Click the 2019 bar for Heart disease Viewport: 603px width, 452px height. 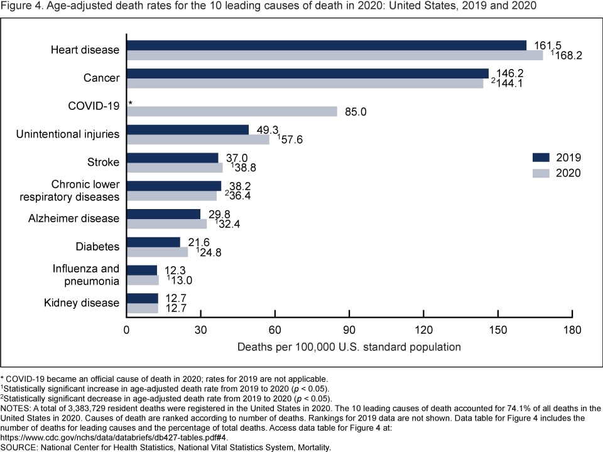coord(327,45)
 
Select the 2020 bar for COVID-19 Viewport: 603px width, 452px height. coord(232,111)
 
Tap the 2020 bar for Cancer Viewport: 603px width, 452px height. coord(305,83)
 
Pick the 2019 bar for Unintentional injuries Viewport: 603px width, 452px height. coord(188,129)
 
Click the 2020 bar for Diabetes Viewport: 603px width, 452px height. coord(157,252)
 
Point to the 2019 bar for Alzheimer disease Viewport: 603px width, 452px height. coord(163,214)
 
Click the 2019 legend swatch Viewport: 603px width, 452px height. coord(541,157)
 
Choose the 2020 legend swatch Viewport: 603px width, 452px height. coord(541,173)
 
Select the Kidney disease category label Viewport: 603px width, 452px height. coord(81,303)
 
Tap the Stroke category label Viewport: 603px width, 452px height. coord(103,162)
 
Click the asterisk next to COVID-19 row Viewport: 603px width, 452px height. coord(131,104)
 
